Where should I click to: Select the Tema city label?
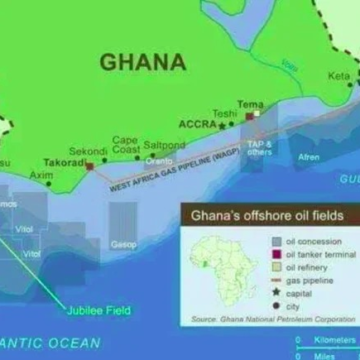(x=250, y=104)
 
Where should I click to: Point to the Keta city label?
(x=340, y=76)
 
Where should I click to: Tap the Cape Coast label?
(x=125, y=145)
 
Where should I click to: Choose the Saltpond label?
(x=164, y=145)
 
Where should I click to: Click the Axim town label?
(x=41, y=176)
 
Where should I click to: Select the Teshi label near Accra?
(x=225, y=114)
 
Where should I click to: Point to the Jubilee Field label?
(x=91, y=307)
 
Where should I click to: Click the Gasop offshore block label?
(x=124, y=243)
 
